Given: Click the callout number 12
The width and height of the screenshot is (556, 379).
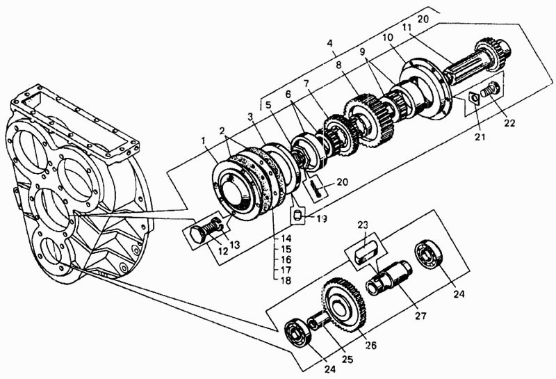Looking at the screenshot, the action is click(222, 251).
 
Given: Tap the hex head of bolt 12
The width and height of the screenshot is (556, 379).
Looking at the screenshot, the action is click(199, 234).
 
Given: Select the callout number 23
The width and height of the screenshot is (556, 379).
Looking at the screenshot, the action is click(363, 225).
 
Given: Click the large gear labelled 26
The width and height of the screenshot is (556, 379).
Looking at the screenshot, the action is click(345, 305).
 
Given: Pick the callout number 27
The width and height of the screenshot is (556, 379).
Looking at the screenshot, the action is click(420, 316).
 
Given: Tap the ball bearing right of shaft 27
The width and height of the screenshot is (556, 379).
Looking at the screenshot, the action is click(430, 253).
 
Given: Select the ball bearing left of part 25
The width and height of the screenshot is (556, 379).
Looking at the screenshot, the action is click(299, 332).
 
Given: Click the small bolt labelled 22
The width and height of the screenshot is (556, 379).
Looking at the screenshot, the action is click(491, 90).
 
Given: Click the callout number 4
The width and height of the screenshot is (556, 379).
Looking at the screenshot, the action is click(330, 43).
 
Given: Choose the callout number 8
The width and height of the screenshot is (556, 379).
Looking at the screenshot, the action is click(338, 65).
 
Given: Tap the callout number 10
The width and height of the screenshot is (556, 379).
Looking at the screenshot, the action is click(388, 38).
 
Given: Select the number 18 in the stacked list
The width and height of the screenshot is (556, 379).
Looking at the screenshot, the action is click(286, 280).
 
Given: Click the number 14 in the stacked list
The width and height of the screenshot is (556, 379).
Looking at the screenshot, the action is click(286, 239).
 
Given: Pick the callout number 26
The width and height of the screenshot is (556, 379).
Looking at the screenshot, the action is click(371, 345).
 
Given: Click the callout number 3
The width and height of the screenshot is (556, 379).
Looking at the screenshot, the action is click(251, 117).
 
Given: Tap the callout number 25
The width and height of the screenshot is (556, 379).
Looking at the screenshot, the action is click(347, 359).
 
